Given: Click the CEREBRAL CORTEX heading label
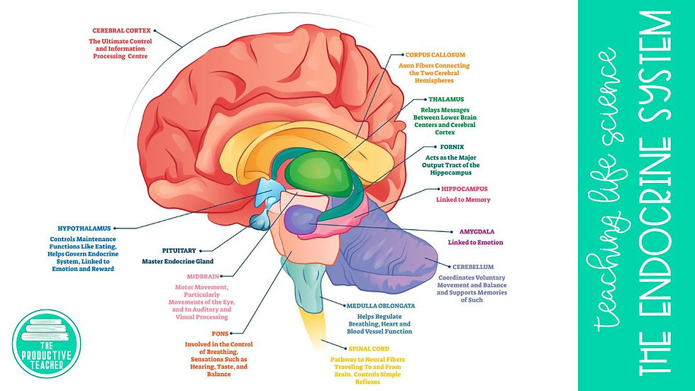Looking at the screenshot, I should tap(121, 31).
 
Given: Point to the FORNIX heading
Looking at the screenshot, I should tap(452, 146).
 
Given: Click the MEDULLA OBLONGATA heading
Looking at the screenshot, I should tap(380, 306).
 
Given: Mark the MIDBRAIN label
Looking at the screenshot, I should tap(204, 276).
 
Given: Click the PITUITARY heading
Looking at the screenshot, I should tap(179, 250).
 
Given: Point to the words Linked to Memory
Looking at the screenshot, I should tap(463, 200).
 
